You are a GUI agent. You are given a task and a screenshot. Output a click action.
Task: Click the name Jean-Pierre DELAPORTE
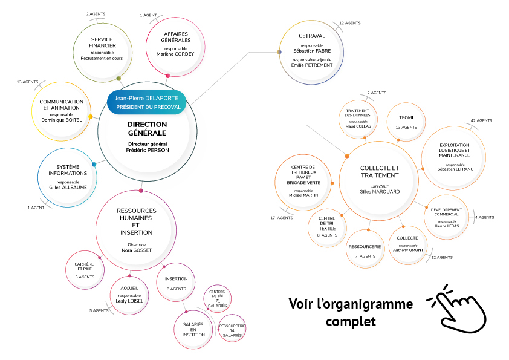[148, 98]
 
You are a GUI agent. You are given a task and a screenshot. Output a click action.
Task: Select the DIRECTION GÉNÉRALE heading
[147, 128]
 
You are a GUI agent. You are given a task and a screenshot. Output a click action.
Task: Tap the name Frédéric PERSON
[148, 150]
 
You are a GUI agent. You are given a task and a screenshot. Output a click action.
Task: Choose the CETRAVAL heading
[312, 36]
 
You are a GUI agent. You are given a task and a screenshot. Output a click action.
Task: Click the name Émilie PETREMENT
[313, 65]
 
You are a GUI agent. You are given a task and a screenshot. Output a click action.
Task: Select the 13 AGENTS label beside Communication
[28, 82]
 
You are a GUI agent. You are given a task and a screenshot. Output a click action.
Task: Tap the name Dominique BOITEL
[61, 120]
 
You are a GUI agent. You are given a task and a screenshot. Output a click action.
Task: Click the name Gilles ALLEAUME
[68, 187]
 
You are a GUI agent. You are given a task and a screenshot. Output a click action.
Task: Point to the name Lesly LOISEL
[130, 301]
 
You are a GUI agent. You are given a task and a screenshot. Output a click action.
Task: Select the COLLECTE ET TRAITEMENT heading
[380, 171]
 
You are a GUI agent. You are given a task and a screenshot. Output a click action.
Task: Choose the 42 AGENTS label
[481, 121]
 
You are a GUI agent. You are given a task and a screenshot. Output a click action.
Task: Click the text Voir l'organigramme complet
[351, 312]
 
